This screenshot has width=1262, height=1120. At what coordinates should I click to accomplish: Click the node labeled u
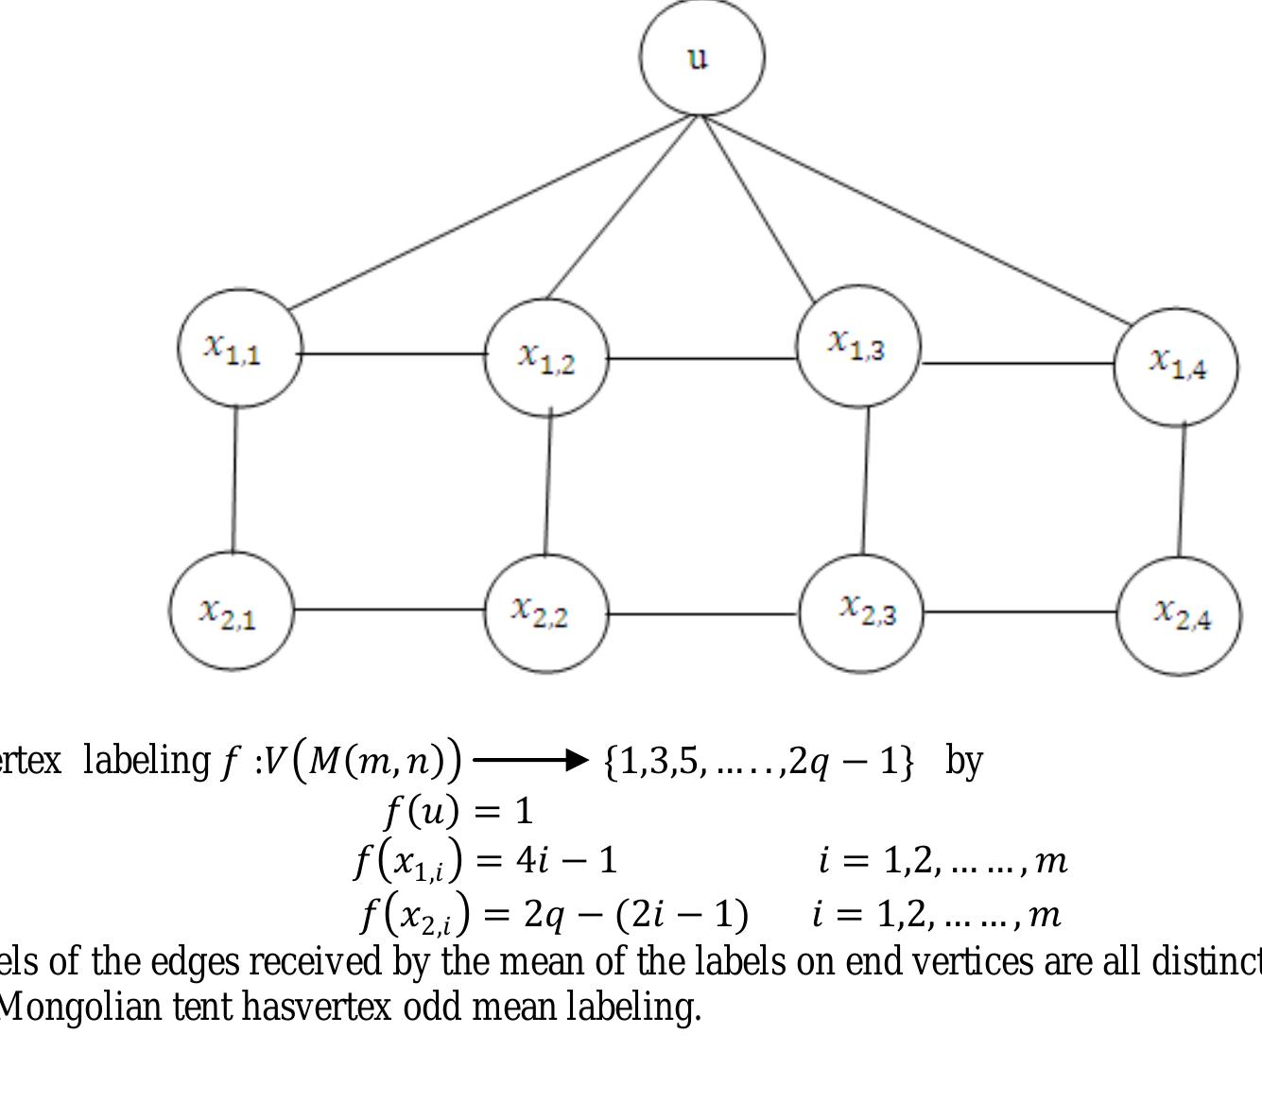tap(701, 58)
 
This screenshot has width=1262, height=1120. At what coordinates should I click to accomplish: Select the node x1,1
tap(238, 348)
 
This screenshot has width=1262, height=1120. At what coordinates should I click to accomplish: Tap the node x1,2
tap(545, 357)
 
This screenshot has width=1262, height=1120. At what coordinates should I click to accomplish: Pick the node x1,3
tap(857, 346)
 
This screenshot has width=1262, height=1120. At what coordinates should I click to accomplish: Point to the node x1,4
tap(1176, 365)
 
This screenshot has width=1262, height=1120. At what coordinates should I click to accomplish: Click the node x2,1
tap(231, 612)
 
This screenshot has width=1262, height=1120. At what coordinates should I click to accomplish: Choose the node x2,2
tap(545, 612)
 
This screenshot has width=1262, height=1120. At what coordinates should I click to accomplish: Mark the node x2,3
tap(861, 612)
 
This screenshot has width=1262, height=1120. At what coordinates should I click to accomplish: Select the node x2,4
tap(1179, 615)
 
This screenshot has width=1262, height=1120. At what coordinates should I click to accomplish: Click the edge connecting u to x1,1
tap(492, 213)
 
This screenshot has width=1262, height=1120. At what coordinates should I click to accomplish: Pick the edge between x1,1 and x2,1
tap(234, 479)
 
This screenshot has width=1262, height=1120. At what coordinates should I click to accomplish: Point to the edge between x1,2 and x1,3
tap(701, 359)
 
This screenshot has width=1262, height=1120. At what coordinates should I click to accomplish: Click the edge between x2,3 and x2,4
tap(1019, 612)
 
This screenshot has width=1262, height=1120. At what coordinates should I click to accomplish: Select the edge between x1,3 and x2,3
tap(865, 480)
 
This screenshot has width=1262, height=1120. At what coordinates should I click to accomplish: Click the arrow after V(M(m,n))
tap(530, 760)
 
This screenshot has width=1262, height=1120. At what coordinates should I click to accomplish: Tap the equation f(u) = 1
tap(458, 811)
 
